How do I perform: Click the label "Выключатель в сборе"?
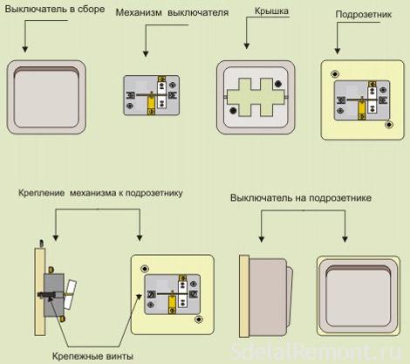[55, 10]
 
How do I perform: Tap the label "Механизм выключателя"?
[172, 13]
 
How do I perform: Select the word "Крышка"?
[271, 11]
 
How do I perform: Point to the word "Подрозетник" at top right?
[364, 14]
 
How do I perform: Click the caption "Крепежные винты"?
[92, 356]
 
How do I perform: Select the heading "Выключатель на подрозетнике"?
[301, 198]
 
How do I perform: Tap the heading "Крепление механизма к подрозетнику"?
[100, 193]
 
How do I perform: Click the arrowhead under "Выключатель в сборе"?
[25, 49]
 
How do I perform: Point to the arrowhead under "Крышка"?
[247, 45]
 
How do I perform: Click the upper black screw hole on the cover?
[278, 84]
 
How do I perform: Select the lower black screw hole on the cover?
[233, 110]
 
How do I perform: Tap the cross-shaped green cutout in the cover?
[256, 97]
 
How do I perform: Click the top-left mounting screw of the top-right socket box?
[335, 74]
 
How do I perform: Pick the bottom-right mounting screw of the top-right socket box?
[389, 125]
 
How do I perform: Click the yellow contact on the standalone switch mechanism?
[151, 104]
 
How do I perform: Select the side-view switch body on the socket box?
[268, 297]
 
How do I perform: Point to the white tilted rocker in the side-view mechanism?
[71, 294]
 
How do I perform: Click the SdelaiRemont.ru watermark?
[316, 352]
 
